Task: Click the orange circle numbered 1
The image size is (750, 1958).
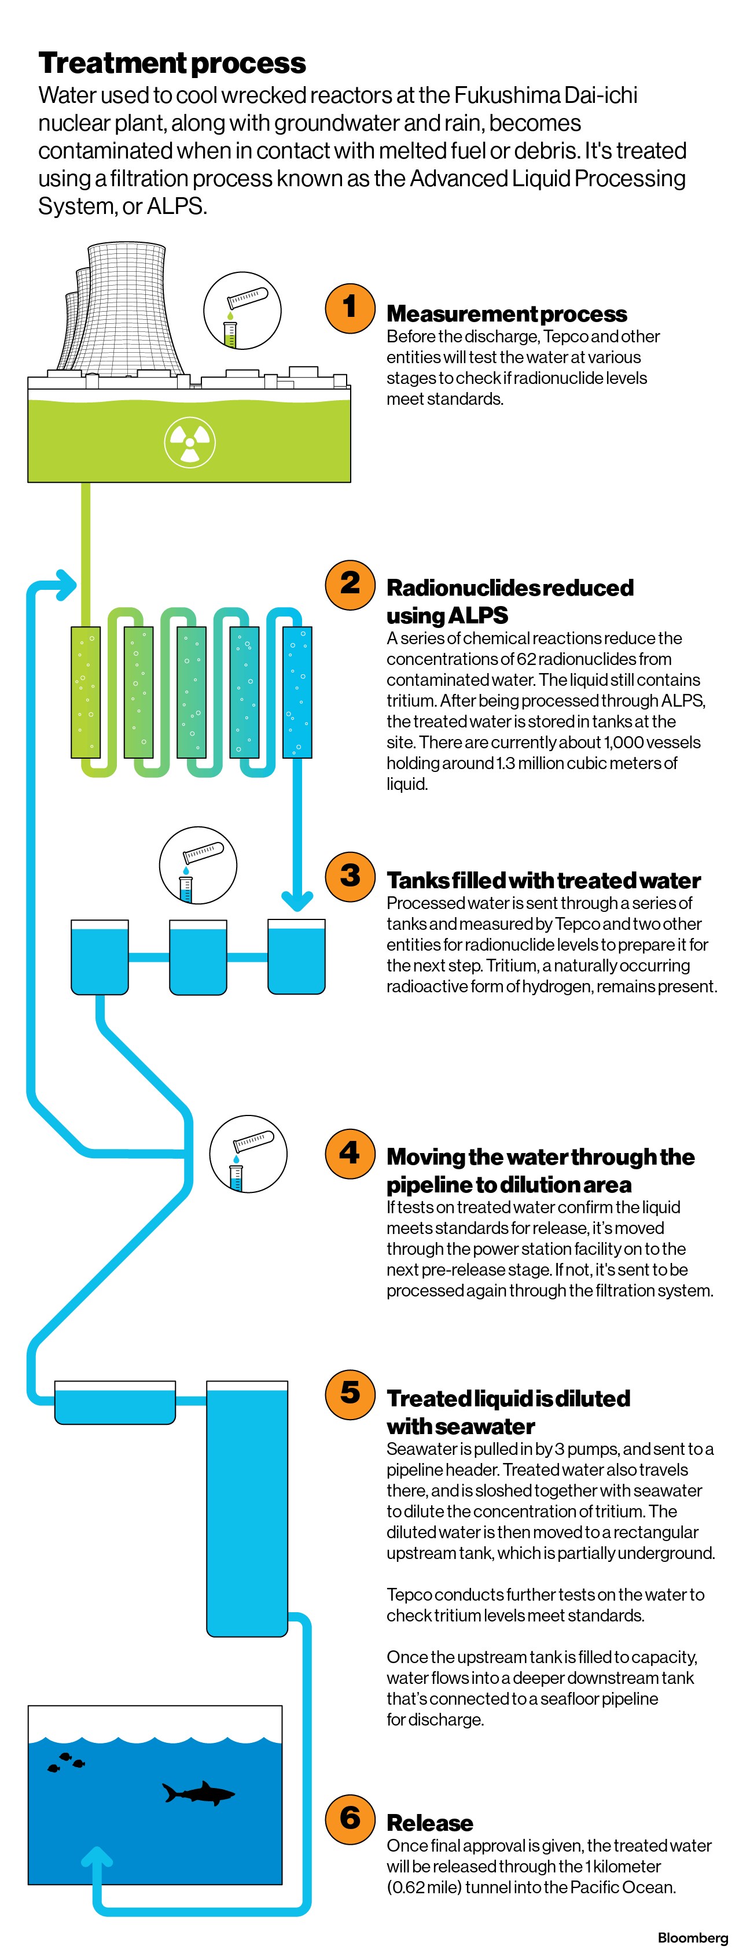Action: pos(350,308)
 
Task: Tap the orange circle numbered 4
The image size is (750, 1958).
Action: pos(350,1154)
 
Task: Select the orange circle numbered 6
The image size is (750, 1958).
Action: pos(350,1819)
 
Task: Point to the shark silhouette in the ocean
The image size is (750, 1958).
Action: pos(199,1794)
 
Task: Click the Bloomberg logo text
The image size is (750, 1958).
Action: pos(692,1938)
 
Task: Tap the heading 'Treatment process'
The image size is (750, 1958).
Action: pos(172,63)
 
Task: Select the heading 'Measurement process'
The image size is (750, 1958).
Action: pos(506,313)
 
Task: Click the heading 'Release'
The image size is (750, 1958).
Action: pos(430,1822)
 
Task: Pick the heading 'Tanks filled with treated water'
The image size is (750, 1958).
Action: pos(543,880)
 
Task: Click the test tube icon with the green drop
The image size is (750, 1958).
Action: pos(242,311)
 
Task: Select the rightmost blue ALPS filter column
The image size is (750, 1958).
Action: pos(297,692)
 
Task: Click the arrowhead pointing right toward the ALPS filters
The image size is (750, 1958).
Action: pos(67,585)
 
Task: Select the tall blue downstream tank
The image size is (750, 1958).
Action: pos(247,1509)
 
